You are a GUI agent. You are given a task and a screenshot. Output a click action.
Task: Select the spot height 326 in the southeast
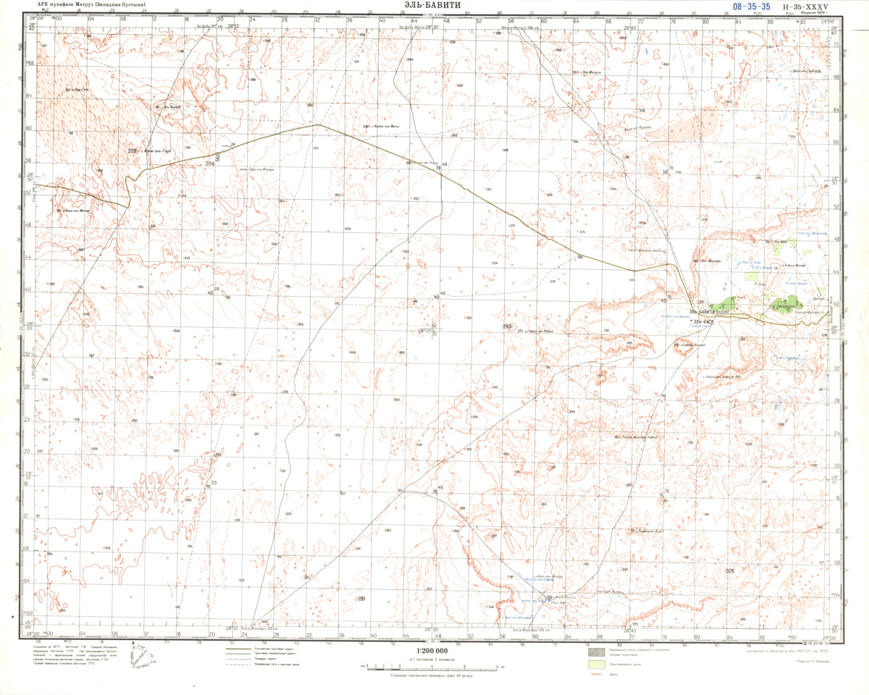[729, 572]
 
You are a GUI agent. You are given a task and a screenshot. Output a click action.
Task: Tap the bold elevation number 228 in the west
[133, 151]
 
